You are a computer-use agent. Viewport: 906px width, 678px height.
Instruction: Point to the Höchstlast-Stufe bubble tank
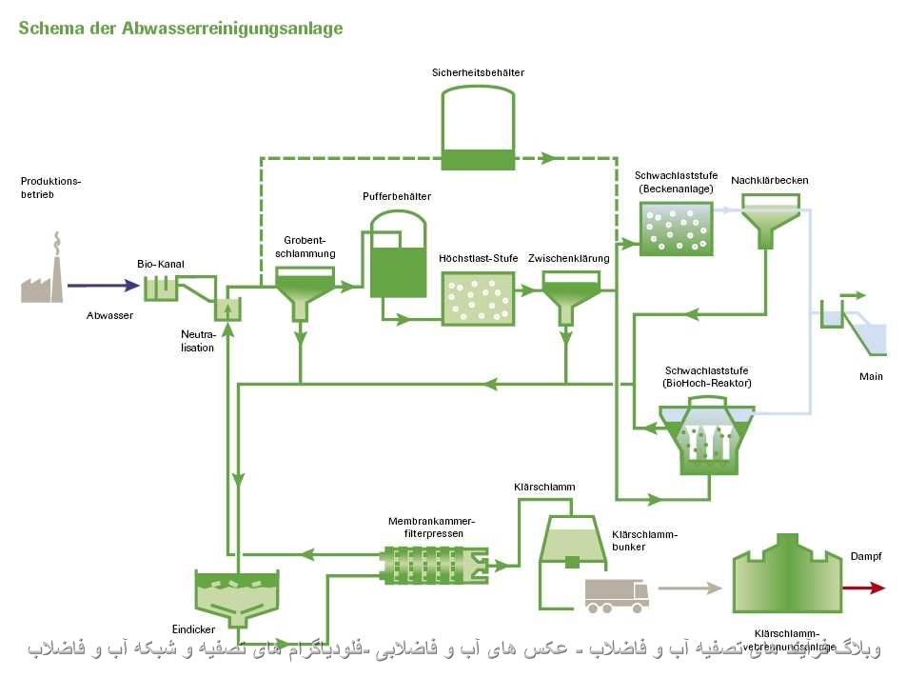(x=477, y=299)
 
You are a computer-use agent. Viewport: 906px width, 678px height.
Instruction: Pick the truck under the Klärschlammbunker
(x=617, y=596)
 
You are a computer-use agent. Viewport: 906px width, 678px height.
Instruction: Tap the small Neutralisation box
(x=227, y=309)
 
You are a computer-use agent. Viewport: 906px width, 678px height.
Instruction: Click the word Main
(x=871, y=377)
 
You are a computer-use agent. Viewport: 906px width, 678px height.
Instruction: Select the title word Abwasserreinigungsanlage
(x=232, y=29)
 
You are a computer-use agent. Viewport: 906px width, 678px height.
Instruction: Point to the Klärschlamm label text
(x=544, y=488)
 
